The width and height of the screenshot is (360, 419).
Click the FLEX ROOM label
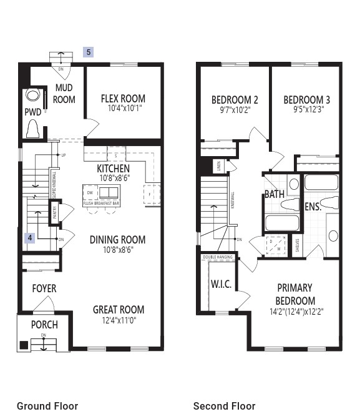click(x=123, y=99)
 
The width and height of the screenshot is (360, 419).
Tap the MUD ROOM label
click(x=64, y=94)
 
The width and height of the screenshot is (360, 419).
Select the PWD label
click(x=32, y=112)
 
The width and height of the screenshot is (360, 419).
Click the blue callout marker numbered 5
click(x=89, y=52)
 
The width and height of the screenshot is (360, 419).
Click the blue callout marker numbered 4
click(x=29, y=238)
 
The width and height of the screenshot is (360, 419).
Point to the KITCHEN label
click(x=114, y=169)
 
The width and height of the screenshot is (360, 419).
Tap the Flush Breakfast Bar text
click(x=102, y=203)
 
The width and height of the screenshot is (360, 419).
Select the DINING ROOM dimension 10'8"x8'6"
click(x=117, y=249)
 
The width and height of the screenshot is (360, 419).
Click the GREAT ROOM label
click(x=119, y=310)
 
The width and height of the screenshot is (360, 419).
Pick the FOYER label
click(x=44, y=288)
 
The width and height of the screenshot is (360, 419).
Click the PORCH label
click(x=44, y=325)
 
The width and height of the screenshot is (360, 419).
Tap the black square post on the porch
click(x=24, y=345)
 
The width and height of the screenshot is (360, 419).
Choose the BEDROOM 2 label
click(x=235, y=100)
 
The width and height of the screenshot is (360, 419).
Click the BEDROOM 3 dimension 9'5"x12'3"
click(x=306, y=110)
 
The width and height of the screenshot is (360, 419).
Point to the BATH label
click(x=275, y=194)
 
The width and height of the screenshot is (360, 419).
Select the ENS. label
click(x=313, y=207)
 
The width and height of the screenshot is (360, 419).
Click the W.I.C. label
click(x=221, y=284)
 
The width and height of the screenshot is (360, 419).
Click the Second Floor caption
click(x=224, y=406)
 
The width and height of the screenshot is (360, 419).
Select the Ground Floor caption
click(x=47, y=406)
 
